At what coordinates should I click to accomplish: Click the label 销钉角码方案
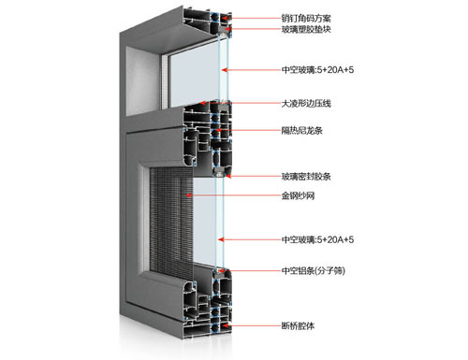[312, 18]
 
